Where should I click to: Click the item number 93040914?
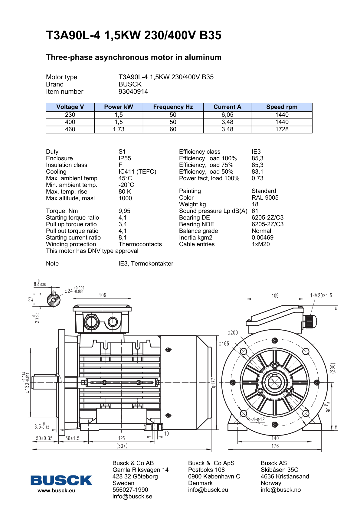[x=133, y=92]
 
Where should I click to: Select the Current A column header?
[x=227, y=107]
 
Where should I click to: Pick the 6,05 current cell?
[x=227, y=115]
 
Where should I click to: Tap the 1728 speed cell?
[x=282, y=129]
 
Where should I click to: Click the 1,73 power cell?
[x=119, y=129]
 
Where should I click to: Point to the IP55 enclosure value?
[x=125, y=158]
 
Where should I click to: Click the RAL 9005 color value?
[x=265, y=198]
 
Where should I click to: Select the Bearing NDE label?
[x=196, y=224]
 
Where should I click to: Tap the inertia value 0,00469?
[x=262, y=238]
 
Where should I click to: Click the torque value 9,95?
[x=124, y=211]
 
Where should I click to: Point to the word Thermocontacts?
[x=140, y=244]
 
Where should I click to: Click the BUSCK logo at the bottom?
[x=61, y=480]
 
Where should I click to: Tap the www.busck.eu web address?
[x=56, y=491]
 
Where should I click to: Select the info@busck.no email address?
[x=280, y=490]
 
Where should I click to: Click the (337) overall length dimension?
[x=122, y=446]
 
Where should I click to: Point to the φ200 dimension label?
[x=233, y=333]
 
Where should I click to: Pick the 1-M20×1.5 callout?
[x=321, y=295]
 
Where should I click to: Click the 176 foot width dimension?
[x=275, y=446]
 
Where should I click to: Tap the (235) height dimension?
[x=333, y=368]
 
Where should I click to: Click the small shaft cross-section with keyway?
[x=54, y=300]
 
